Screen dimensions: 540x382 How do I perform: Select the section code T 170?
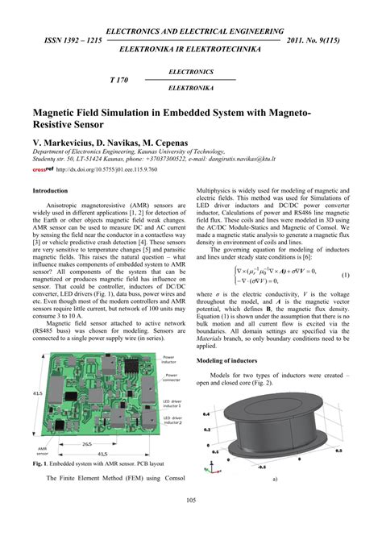click(120, 81)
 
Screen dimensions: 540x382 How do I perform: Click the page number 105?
click(191, 524)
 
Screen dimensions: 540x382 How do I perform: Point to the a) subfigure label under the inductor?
click(276, 478)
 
